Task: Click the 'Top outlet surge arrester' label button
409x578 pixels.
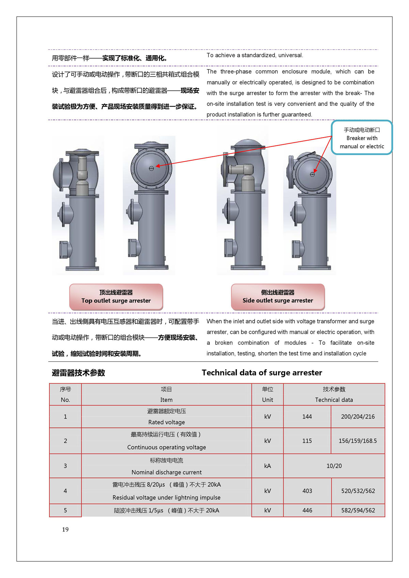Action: coord(116,297)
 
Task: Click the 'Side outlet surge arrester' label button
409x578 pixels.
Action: coord(278,297)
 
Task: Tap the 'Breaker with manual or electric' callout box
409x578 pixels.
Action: coord(362,138)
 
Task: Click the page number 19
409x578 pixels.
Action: coord(65,529)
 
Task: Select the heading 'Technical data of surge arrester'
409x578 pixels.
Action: coord(262,373)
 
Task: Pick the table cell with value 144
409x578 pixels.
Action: coord(307,417)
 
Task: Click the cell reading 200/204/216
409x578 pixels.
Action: coord(358,417)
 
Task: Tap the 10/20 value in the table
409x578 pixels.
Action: coord(334,466)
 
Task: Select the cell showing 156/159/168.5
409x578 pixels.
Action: coord(358,441)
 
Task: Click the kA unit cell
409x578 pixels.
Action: coord(268,466)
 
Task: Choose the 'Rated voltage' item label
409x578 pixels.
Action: coord(167,422)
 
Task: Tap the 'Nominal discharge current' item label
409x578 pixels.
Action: coord(167,472)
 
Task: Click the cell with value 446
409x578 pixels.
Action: coord(307,510)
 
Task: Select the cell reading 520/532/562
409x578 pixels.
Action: coord(358,491)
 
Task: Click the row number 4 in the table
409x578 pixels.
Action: coord(65,491)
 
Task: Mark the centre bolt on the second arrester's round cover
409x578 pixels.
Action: coord(152,168)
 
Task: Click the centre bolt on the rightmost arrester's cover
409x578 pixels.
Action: coord(312,174)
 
